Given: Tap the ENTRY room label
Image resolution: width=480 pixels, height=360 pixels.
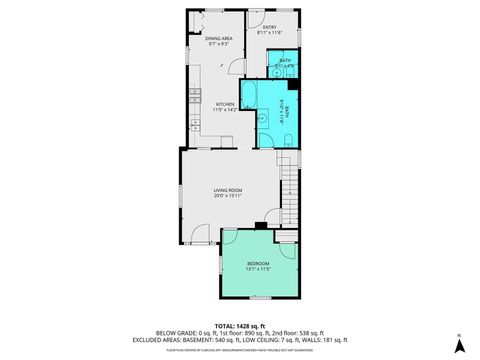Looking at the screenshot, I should (269, 27).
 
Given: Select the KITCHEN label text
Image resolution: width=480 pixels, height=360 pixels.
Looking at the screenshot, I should (225, 103).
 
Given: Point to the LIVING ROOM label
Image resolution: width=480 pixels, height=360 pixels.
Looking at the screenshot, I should (229, 190).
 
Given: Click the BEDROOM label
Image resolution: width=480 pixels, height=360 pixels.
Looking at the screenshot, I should (258, 263).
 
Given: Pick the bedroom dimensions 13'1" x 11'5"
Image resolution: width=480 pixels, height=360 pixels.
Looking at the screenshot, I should (258, 269).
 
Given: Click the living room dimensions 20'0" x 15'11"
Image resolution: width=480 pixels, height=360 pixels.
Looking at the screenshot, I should (229, 196).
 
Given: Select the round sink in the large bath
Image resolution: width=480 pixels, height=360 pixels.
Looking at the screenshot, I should (263, 118).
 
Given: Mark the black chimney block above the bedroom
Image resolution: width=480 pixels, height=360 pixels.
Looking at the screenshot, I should (259, 226).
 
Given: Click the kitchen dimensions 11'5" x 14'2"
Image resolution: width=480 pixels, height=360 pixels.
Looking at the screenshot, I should (225, 109).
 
